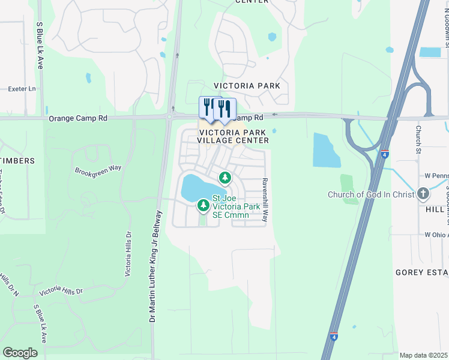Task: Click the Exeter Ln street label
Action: (22, 89)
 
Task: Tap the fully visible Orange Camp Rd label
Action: (78, 119)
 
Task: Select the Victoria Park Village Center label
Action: (234, 136)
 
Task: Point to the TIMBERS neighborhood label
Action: (17, 161)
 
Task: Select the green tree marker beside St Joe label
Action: (203, 206)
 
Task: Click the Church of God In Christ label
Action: (372, 194)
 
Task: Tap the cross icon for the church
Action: (424, 194)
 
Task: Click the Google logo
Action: (20, 353)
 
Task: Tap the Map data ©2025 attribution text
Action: (424, 355)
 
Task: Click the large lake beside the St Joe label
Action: (197, 187)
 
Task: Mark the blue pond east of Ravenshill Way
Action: (326, 150)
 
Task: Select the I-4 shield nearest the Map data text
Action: (334, 337)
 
